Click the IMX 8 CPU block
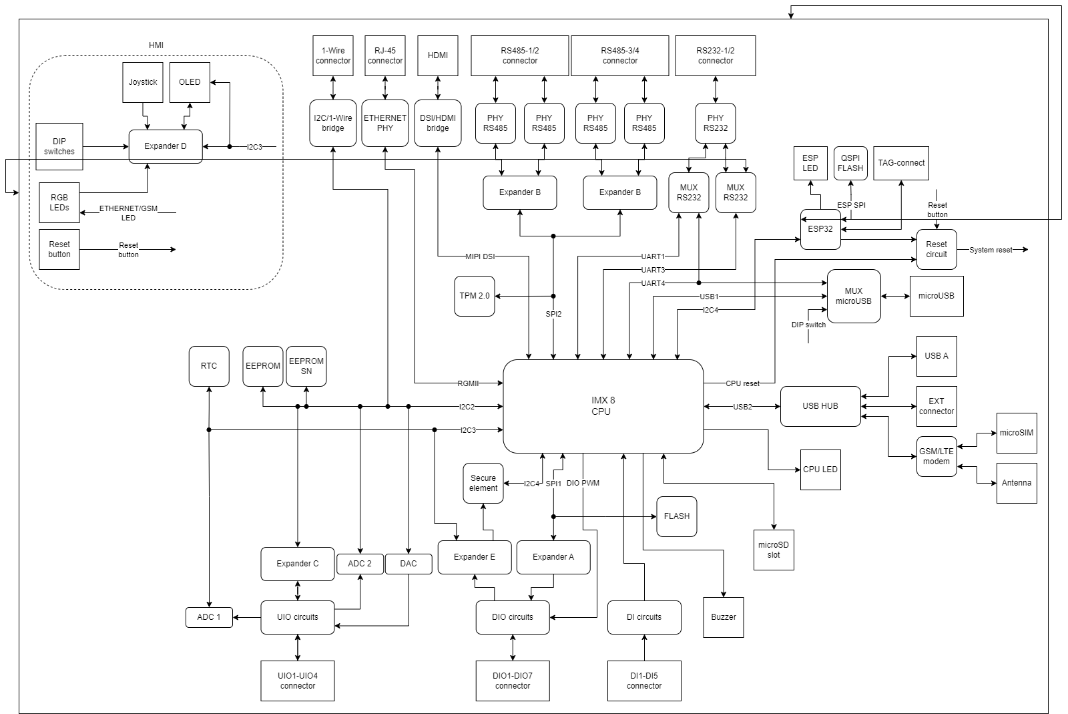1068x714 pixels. [603, 406]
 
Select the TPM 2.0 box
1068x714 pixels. [475, 296]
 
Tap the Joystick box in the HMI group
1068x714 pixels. [143, 82]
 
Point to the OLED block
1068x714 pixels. [190, 82]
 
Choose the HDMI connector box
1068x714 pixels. [438, 55]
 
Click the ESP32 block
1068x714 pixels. [820, 229]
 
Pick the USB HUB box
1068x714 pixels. [820, 406]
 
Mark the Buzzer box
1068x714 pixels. [724, 617]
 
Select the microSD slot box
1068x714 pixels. [774, 550]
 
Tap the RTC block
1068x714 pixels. [209, 366]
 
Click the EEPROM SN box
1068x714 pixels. [306, 366]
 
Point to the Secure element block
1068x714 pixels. [483, 483]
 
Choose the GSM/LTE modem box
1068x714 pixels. [937, 456]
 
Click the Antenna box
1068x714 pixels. [1017, 483]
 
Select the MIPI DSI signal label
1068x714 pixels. [480, 256]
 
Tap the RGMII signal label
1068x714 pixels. [468, 383]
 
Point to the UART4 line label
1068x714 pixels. [653, 283]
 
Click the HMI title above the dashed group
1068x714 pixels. [156, 45]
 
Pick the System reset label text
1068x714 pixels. [991, 250]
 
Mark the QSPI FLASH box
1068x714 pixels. [850, 164]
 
